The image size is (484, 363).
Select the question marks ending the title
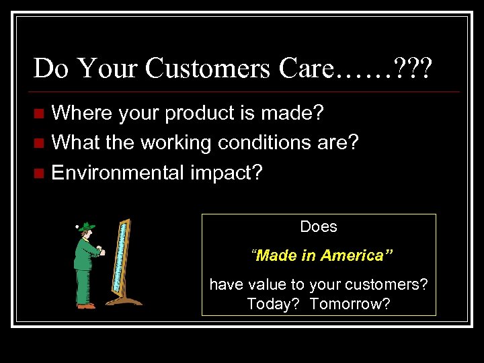click(415, 69)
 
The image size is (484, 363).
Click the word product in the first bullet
click(198, 112)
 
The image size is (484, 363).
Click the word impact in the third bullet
click(225, 173)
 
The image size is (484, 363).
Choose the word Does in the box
click(319, 227)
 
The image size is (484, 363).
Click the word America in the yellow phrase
click(356, 255)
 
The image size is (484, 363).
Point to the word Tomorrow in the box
click(350, 304)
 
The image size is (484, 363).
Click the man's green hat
click(86, 227)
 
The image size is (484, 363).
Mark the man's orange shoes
click(86, 306)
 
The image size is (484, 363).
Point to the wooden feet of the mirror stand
click(124, 300)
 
